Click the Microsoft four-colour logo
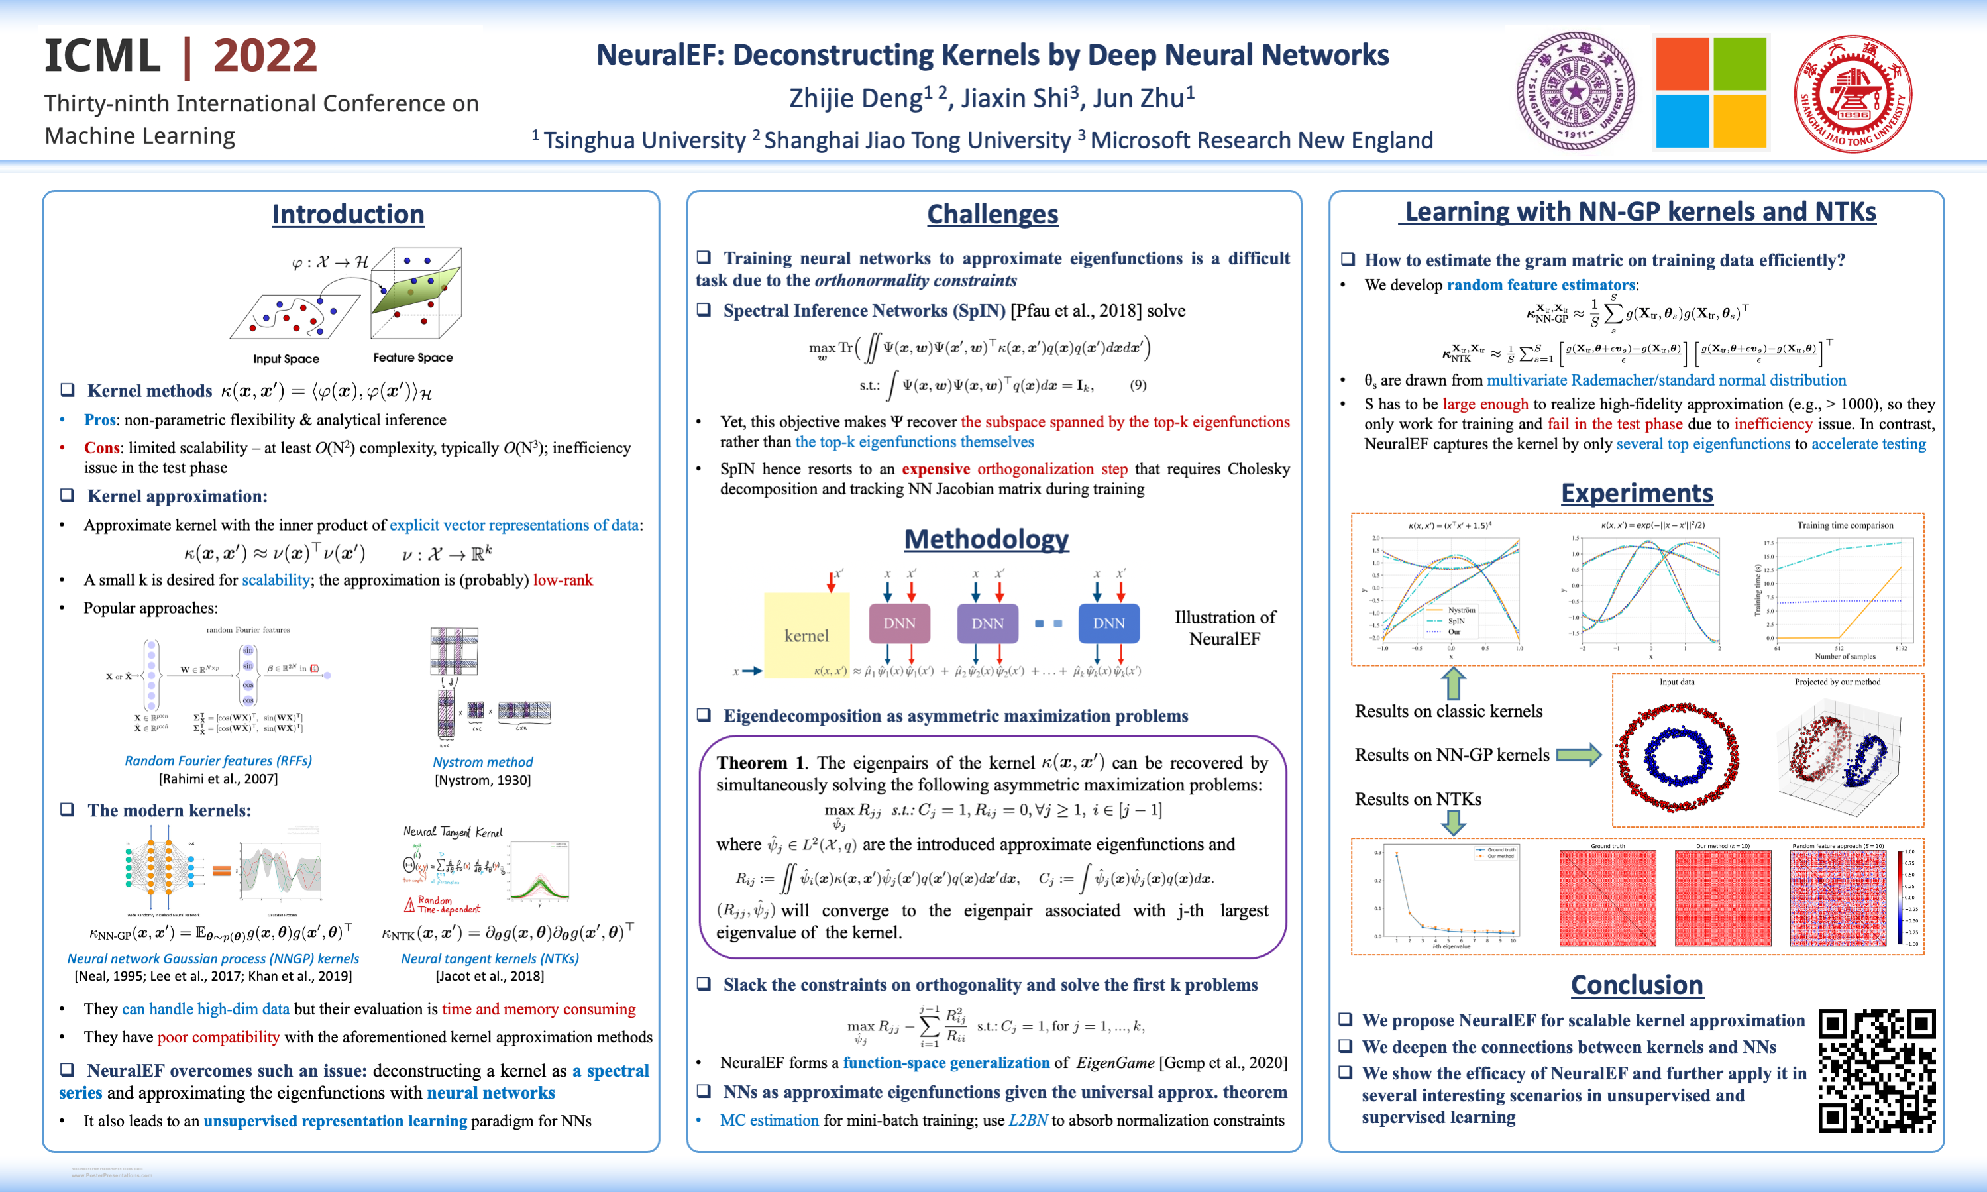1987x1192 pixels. click(1711, 92)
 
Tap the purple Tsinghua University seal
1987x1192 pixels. click(1575, 91)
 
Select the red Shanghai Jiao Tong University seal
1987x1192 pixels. click(1853, 93)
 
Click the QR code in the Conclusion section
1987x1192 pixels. click(1876, 1071)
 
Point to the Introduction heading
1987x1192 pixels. click(348, 215)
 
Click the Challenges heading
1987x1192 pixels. click(992, 215)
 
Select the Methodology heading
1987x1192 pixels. click(987, 539)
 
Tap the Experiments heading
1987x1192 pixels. click(1636, 492)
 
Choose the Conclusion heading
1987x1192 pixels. click(1636, 985)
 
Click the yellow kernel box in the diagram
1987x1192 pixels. click(806, 635)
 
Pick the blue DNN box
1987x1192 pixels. click(1108, 623)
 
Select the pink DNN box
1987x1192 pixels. click(900, 623)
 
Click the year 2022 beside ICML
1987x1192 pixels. click(265, 56)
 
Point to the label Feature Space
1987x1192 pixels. click(413, 357)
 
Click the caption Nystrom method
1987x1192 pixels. click(483, 761)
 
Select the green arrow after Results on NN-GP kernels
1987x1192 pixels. click(1578, 754)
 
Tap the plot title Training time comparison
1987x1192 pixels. click(1845, 525)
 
